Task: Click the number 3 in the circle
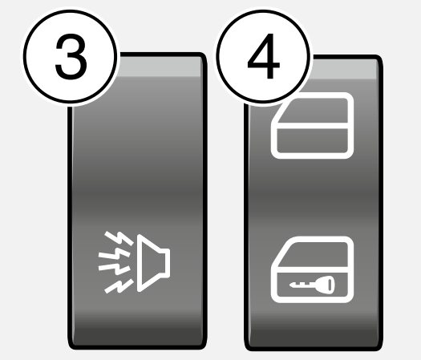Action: (x=71, y=57)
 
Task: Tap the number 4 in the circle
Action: (x=263, y=56)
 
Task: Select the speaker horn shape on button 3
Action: (x=153, y=263)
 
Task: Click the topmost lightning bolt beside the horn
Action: (x=119, y=238)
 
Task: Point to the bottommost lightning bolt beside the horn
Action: (x=119, y=286)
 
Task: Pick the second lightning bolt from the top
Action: (x=115, y=254)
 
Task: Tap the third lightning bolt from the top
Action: (x=115, y=269)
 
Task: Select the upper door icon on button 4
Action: (x=312, y=125)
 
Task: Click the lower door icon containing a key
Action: (x=312, y=269)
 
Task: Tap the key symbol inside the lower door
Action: (x=312, y=285)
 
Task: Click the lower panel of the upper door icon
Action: (x=312, y=140)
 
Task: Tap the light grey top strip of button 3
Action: (x=159, y=67)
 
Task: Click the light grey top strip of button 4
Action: (x=344, y=69)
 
